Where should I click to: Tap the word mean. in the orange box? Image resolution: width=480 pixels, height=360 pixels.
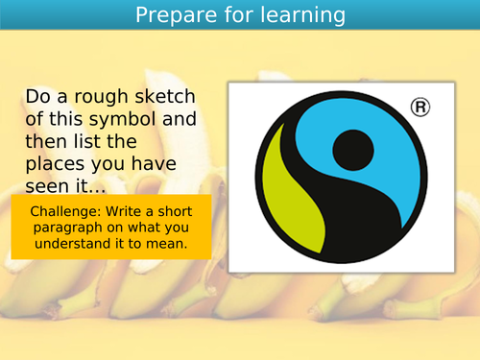tap(166, 245)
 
